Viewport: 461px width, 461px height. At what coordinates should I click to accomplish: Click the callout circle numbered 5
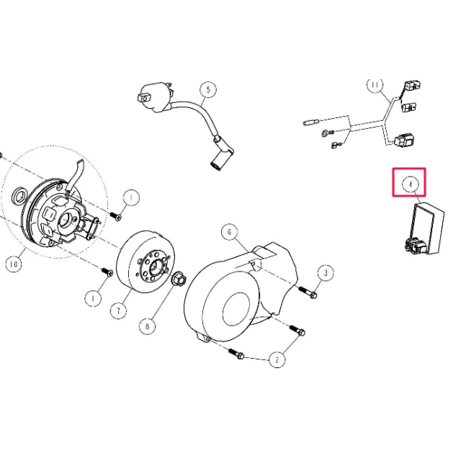(x=208, y=89)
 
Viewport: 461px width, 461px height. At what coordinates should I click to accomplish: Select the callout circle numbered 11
(x=375, y=85)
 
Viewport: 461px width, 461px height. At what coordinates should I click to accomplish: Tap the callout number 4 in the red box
(x=411, y=184)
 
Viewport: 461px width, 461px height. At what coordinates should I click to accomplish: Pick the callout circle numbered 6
(x=230, y=232)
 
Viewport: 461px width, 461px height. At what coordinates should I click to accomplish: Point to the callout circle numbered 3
(x=326, y=273)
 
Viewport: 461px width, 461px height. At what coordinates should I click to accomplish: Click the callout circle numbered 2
(x=277, y=359)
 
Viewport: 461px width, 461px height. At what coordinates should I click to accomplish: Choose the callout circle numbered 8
(x=147, y=326)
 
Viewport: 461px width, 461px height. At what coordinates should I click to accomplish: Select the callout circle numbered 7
(x=118, y=310)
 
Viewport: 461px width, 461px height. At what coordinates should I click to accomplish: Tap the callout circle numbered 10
(x=14, y=264)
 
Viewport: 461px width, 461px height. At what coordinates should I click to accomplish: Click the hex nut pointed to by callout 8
(x=179, y=279)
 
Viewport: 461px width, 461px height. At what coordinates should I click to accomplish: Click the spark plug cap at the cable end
(x=221, y=158)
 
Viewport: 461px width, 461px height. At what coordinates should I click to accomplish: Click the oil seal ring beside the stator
(x=19, y=195)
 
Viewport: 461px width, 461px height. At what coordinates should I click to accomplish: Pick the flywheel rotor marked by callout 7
(x=146, y=261)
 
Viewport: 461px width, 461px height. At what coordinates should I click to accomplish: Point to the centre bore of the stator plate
(x=67, y=220)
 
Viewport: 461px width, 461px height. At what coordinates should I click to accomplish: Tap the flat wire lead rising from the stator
(x=75, y=175)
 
